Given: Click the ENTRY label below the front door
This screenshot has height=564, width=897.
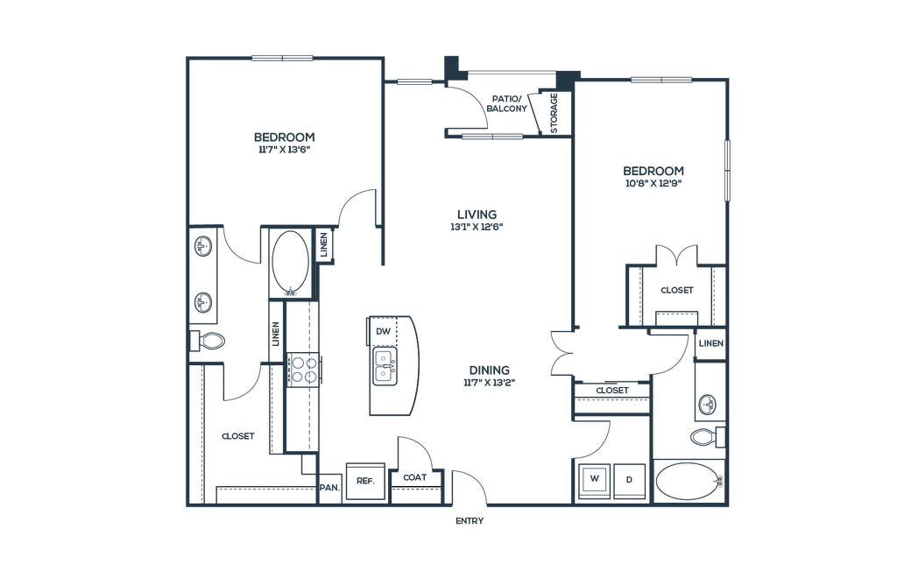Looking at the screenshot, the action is coord(470,520).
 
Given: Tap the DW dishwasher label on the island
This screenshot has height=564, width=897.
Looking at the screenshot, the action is coord(384,331).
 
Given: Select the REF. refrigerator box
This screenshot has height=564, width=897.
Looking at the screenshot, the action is coord(365,481).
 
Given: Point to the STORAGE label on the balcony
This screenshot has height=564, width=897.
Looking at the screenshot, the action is coord(554,113).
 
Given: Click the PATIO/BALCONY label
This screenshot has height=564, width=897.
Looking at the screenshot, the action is coord(506,103).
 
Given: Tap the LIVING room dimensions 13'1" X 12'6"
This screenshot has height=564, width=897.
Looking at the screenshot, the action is coord(477,227).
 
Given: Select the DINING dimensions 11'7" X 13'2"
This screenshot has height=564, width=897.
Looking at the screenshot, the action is coord(489,383).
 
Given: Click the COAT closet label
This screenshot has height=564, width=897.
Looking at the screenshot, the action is coord(414,477).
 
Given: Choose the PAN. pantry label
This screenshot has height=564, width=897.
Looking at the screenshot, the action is coord(329,488).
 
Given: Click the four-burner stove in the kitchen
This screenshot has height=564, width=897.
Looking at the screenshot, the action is coord(303,370).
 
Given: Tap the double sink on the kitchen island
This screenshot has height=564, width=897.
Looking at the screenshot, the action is coord(384,366).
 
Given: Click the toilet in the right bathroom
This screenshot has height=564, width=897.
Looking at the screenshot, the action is coord(708,437).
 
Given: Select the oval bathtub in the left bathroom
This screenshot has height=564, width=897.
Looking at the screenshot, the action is coord(291,264).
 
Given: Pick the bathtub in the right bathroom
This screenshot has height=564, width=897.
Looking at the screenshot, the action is coord(689,481).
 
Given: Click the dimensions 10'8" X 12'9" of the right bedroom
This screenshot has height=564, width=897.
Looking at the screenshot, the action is coord(653,184).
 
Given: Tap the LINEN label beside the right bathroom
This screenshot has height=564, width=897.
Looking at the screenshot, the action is coord(711,343).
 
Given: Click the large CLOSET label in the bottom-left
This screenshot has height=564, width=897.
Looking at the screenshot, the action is coord(238,436).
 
